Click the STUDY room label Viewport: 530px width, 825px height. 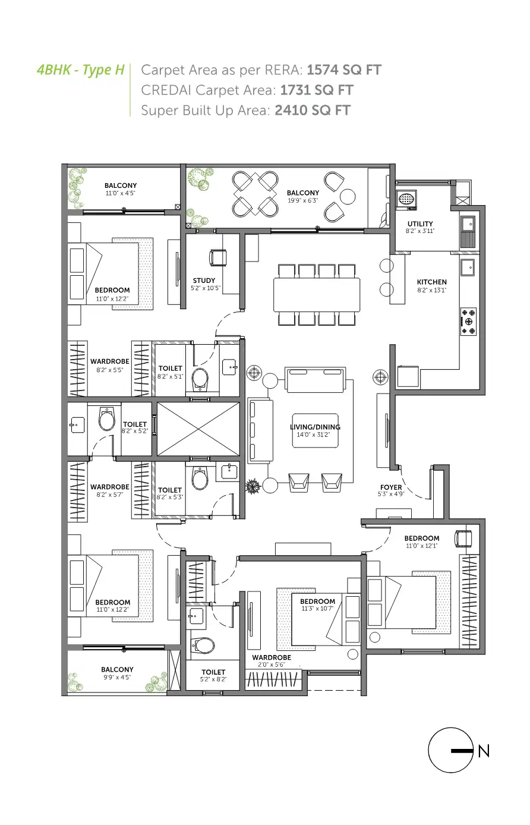click(x=204, y=281)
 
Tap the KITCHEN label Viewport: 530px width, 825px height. click(x=432, y=282)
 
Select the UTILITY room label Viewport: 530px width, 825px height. click(x=420, y=223)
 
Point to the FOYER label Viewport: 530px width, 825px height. click(x=391, y=487)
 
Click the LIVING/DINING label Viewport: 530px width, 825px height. click(x=315, y=427)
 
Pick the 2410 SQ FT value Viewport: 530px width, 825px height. click(x=313, y=110)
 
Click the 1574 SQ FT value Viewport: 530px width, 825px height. click(x=344, y=70)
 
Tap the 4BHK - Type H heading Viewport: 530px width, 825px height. click(x=81, y=70)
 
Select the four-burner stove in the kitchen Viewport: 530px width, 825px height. click(x=468, y=322)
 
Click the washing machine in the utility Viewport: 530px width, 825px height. click(x=406, y=199)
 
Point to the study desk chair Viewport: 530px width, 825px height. click(x=218, y=257)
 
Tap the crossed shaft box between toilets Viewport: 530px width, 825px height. click(x=198, y=429)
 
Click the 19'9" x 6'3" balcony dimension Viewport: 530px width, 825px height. click(x=302, y=201)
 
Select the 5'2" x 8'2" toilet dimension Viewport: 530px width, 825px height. click(x=213, y=679)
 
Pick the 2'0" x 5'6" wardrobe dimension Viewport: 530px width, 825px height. click(x=272, y=665)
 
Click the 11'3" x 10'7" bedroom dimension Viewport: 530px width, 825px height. click(x=317, y=609)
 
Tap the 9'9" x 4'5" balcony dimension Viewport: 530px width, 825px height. click(x=117, y=677)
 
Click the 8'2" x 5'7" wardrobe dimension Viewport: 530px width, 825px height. click(x=110, y=495)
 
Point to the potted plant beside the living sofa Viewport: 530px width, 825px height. click(x=253, y=486)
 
